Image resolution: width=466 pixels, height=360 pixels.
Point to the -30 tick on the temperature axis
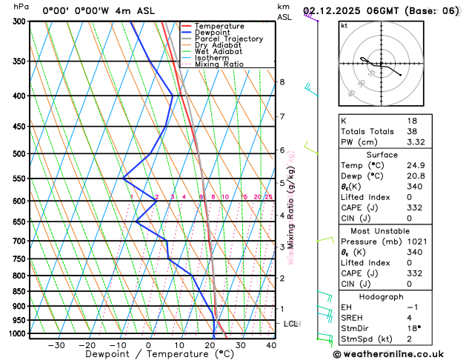point(56,344)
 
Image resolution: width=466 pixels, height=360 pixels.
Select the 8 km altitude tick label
point(282,81)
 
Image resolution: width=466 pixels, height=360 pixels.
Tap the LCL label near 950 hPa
point(290,324)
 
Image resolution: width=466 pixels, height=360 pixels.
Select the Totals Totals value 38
point(412,131)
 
